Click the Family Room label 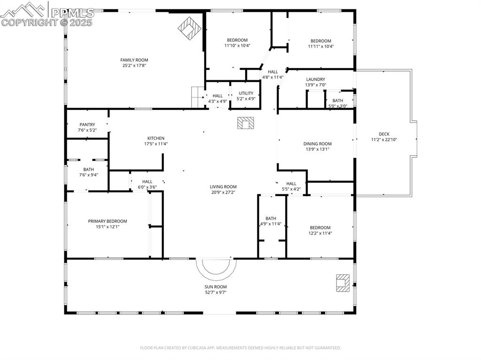click(134, 60)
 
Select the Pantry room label click(87, 124)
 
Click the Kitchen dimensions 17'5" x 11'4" click(156, 144)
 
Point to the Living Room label click(223, 187)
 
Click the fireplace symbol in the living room click(245, 123)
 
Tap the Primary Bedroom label click(108, 221)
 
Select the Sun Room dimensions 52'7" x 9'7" click(215, 292)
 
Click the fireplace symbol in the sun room click(343, 283)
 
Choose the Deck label click(384, 134)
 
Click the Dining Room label click(318, 144)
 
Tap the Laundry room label click(315, 79)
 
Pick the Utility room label click(246, 93)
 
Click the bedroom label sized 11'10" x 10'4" click(237, 40)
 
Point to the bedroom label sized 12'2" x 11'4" click(320, 228)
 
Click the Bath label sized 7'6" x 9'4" click(88, 169)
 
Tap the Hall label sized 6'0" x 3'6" click(147, 182)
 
